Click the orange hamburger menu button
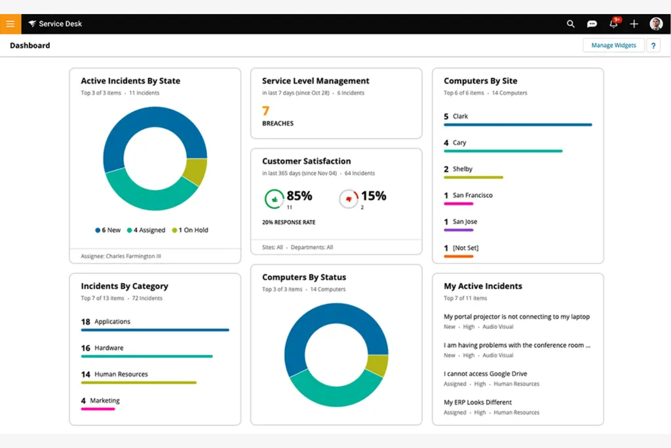point(10,24)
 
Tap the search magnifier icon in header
point(570,24)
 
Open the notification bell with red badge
point(613,24)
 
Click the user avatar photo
point(656,24)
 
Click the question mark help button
point(653,45)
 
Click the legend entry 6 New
point(108,230)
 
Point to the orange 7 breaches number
point(266,111)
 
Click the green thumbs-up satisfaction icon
point(274,199)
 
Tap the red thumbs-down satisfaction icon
point(349,199)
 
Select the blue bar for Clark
point(518,125)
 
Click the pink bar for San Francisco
point(458,204)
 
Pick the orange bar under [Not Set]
point(458,256)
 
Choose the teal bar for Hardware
point(146,356)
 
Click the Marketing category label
point(105,400)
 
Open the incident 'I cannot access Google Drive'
point(485,374)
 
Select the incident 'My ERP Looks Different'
point(477,402)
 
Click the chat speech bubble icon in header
point(592,24)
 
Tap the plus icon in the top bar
point(634,24)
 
